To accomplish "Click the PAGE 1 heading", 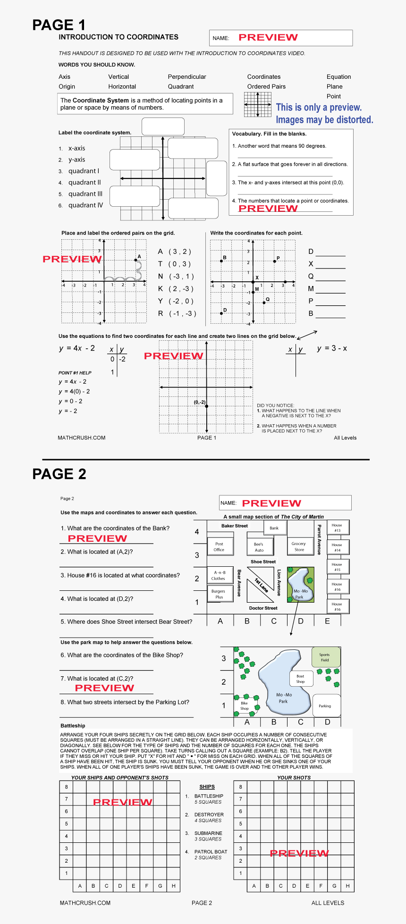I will pyautogui.click(x=59, y=25).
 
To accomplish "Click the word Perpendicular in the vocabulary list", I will pyautogui.click(x=187, y=76).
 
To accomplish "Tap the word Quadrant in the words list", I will pyautogui.click(x=181, y=86).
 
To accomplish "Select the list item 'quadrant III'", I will pyautogui.click(x=85, y=193).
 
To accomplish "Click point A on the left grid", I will pyautogui.click(x=136, y=260).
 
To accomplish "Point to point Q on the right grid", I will pyautogui.click(x=264, y=302).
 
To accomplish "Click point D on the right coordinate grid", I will pyautogui.click(x=221, y=313).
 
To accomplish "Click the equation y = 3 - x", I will pyautogui.click(x=332, y=348).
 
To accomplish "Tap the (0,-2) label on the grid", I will pyautogui.click(x=200, y=402).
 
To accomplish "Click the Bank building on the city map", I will pyautogui.click(x=274, y=528).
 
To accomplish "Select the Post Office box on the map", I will pyautogui.click(x=219, y=546).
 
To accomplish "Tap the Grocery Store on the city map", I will pyautogui.click(x=299, y=546).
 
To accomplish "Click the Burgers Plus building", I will pyautogui.click(x=219, y=594).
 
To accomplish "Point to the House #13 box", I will pyautogui.click(x=337, y=528).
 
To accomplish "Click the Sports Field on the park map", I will pyautogui.click(x=325, y=657).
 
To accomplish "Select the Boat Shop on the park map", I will pyautogui.click(x=301, y=679).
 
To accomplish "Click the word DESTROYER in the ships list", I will pyautogui.click(x=209, y=815).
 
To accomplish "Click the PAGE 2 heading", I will pyautogui.click(x=59, y=474).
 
